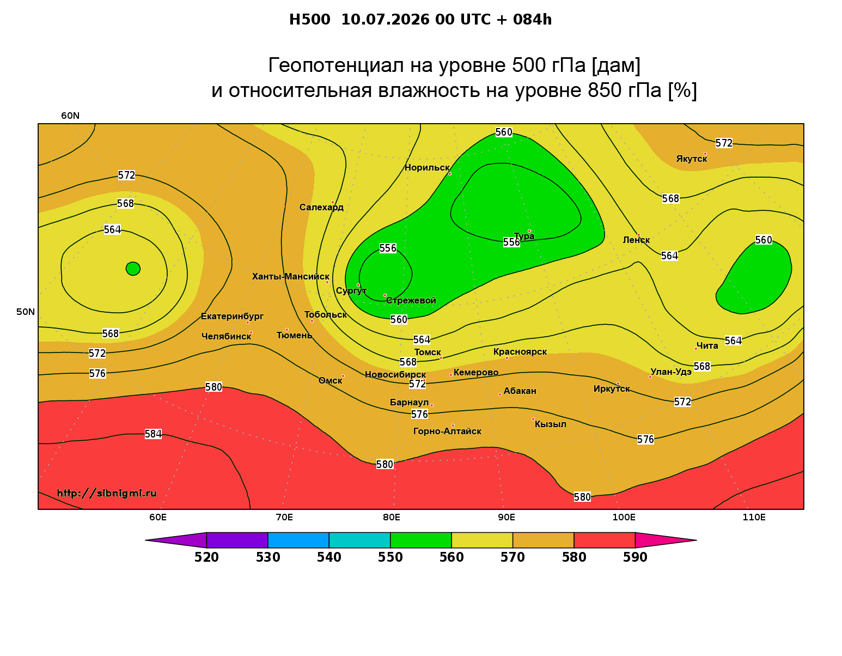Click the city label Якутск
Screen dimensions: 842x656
click(691, 159)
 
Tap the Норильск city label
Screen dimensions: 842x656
click(427, 167)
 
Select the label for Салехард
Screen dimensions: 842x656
click(321, 207)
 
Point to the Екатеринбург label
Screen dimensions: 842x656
click(232, 316)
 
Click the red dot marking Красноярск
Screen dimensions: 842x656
click(507, 358)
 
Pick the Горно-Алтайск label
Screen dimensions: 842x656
click(447, 432)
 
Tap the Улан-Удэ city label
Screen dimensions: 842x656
click(671, 372)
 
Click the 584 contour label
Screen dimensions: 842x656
click(153, 434)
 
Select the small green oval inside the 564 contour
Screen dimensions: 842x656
click(133, 269)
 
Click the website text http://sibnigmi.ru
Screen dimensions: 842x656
click(107, 493)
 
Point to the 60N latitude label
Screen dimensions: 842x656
click(70, 116)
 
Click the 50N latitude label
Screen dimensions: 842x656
click(26, 312)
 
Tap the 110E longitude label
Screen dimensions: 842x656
click(754, 517)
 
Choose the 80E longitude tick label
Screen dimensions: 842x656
click(392, 517)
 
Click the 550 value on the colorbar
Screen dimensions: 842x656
click(390, 557)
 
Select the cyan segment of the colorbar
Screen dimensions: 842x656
click(359, 540)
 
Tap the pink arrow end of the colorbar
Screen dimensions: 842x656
click(666, 540)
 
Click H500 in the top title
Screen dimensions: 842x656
click(309, 20)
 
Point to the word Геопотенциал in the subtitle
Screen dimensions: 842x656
click(335, 65)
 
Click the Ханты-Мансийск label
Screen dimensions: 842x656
click(291, 276)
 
